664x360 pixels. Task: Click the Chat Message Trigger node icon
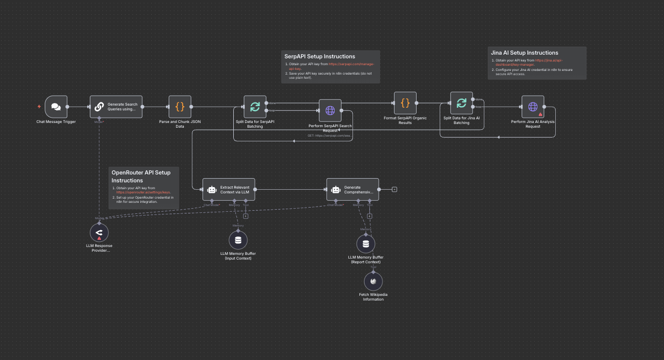pyautogui.click(x=56, y=107)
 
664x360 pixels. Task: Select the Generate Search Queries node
pyautogui.click(x=116, y=107)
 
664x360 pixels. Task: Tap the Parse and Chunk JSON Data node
pyautogui.click(x=180, y=107)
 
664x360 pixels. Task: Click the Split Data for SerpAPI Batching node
pyautogui.click(x=255, y=107)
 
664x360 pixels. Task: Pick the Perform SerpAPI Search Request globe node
pyautogui.click(x=330, y=110)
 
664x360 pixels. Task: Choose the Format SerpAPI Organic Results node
pyautogui.click(x=405, y=103)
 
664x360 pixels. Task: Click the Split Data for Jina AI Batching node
pyautogui.click(x=461, y=103)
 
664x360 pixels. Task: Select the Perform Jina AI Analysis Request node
pyautogui.click(x=533, y=107)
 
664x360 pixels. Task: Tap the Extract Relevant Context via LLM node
pyautogui.click(x=229, y=189)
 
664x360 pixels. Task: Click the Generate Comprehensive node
pyautogui.click(x=352, y=189)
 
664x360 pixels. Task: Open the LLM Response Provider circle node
pyautogui.click(x=99, y=231)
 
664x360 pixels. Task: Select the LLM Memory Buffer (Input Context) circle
pyautogui.click(x=238, y=240)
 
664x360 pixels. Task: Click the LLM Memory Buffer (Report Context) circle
pyautogui.click(x=366, y=244)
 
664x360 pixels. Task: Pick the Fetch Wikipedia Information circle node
pyautogui.click(x=373, y=282)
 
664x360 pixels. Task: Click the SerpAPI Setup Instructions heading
pyautogui.click(x=320, y=56)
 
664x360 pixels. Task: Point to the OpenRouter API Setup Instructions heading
pyautogui.click(x=141, y=176)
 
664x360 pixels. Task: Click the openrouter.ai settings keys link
pyautogui.click(x=143, y=192)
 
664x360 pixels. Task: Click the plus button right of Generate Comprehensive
pyautogui.click(x=395, y=189)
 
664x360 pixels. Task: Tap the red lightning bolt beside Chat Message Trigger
pyautogui.click(x=39, y=107)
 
